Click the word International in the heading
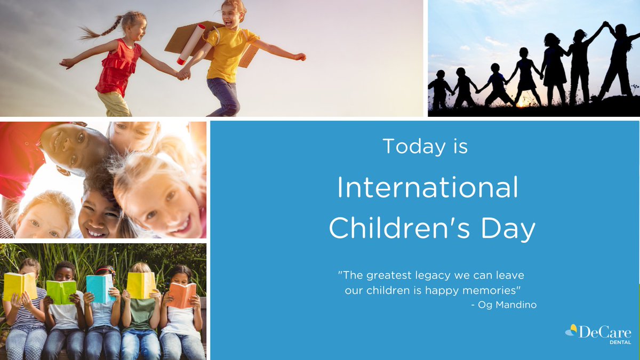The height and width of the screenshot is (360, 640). point(427,188)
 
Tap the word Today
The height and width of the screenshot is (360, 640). point(409,146)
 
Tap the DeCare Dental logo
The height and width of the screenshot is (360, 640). point(598,333)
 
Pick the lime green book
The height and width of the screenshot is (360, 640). point(61,291)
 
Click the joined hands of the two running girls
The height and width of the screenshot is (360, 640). point(183,74)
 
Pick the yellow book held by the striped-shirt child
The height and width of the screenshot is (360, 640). point(20,285)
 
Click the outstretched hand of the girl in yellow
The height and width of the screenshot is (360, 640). point(300,56)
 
